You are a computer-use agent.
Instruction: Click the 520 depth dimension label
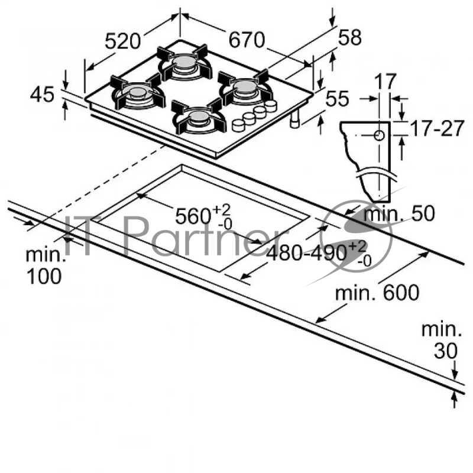pos(124,41)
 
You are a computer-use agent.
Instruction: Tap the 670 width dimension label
pos(246,40)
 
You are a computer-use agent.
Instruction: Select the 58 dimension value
pos(349,38)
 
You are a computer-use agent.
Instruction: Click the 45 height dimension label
pos(42,95)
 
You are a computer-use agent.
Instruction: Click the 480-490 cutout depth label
pos(307,252)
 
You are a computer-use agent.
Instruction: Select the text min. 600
pos(377,292)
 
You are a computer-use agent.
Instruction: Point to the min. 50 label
pos(399,213)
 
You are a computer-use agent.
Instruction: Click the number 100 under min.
pos(44,276)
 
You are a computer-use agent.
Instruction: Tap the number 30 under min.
pos(445,351)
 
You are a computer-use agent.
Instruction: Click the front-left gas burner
pos(137,93)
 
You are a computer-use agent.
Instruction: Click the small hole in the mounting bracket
pos(379,135)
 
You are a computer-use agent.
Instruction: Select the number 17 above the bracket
pos(385,82)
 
